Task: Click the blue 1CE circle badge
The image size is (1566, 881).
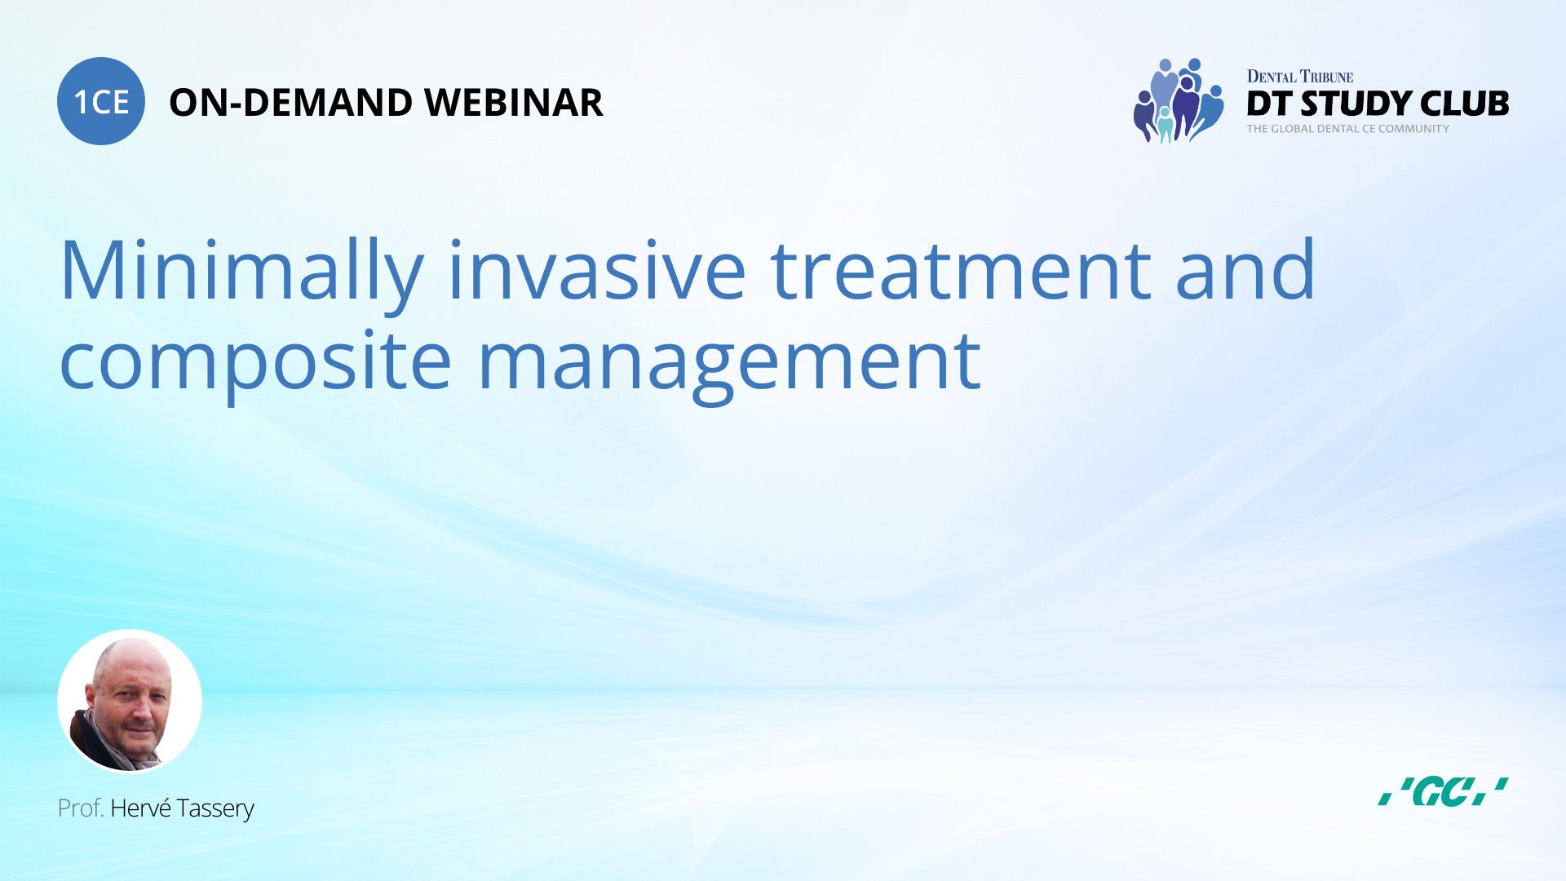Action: tap(101, 101)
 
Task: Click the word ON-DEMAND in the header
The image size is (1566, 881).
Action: tap(290, 103)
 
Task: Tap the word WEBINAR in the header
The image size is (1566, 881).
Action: tap(513, 103)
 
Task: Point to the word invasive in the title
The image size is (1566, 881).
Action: tap(596, 272)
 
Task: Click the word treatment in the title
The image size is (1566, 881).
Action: tap(960, 272)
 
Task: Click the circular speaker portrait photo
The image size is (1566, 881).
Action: tap(130, 701)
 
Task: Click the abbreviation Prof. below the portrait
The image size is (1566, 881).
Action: tap(80, 808)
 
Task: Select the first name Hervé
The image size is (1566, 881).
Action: tap(139, 808)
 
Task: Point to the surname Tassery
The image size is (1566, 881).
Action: tap(215, 808)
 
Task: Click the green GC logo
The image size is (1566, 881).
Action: tap(1442, 791)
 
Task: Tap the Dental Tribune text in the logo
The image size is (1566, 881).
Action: tap(1299, 77)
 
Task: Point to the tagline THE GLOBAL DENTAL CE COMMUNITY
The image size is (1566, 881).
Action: tap(1347, 129)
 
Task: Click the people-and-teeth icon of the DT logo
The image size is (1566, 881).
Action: tap(1178, 101)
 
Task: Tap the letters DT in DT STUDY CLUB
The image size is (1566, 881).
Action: tap(1269, 104)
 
